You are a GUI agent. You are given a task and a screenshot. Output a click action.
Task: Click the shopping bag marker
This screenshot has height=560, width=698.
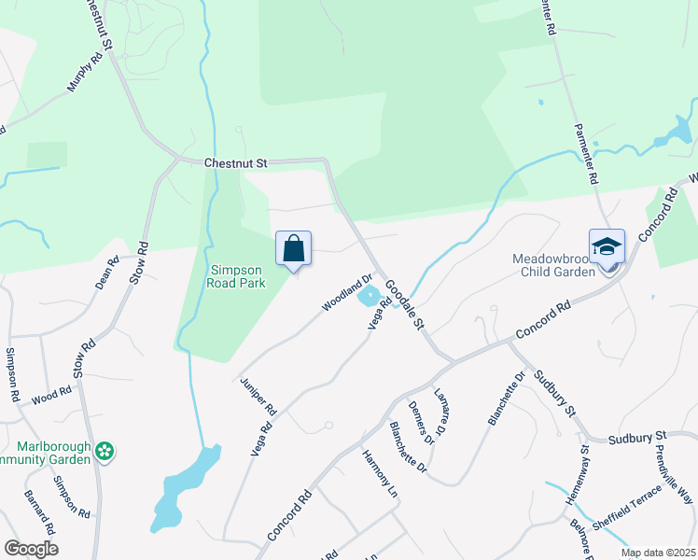click(293, 249)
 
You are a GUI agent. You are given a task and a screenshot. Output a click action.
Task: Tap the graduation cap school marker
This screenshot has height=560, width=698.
click(607, 247)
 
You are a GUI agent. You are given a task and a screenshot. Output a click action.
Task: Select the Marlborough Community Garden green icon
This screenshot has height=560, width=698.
click(105, 452)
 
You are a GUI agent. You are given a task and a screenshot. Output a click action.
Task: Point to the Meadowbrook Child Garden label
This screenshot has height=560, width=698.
click(552, 265)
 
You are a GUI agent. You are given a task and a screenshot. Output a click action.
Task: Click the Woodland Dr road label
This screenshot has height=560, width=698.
click(347, 292)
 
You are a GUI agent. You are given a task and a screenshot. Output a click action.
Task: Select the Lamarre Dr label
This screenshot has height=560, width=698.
click(443, 406)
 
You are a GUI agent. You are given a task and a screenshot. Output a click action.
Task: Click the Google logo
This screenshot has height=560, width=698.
click(31, 549)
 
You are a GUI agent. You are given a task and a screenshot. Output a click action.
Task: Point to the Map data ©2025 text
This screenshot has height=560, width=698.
click(658, 553)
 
